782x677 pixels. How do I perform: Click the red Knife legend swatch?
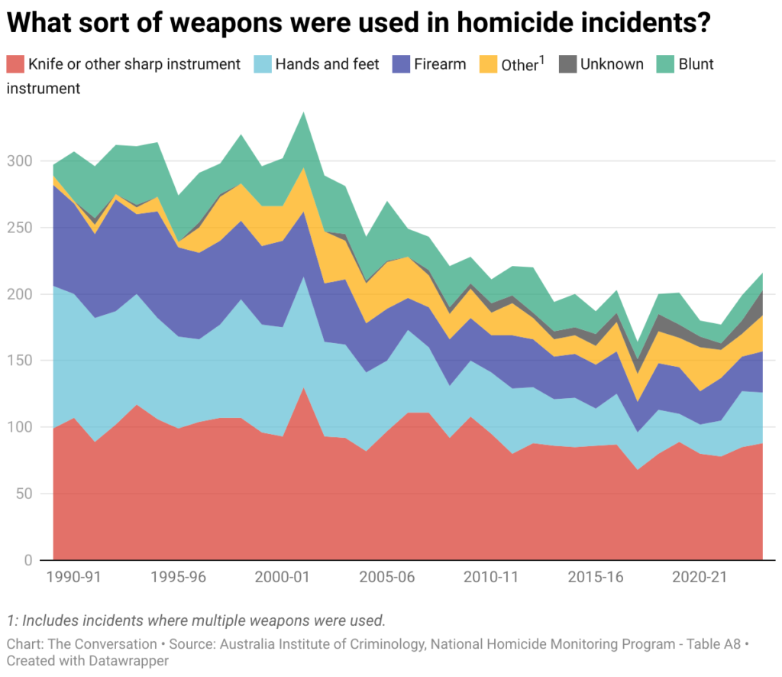[15, 64]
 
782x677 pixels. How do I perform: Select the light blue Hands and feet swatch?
[263, 64]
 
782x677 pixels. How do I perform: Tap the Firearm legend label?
[440, 64]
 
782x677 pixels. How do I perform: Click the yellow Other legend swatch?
[488, 64]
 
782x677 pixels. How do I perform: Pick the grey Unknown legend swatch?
[567, 64]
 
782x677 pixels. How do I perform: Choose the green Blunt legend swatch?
[665, 64]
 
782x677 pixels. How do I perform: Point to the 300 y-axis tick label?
[21, 161]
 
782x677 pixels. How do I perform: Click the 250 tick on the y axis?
[21, 228]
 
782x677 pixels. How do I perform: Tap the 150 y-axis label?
[21, 361]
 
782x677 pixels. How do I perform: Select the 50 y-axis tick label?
[25, 494]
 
